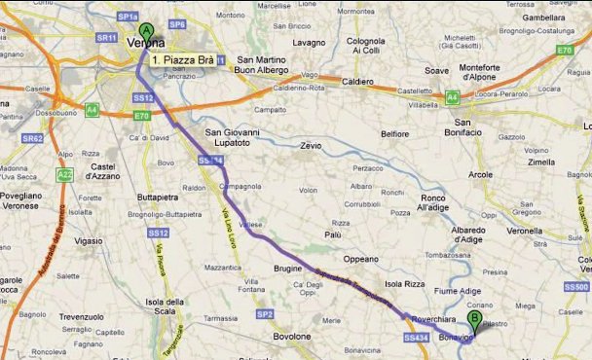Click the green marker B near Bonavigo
point(474,318)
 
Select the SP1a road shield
point(128,18)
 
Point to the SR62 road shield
point(33,139)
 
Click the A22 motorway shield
point(65,174)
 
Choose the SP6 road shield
point(176,23)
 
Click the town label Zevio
point(311,145)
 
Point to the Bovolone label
point(291,337)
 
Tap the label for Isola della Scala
point(166,306)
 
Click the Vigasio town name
point(88,239)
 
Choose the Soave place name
point(436,70)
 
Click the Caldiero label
point(358,82)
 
